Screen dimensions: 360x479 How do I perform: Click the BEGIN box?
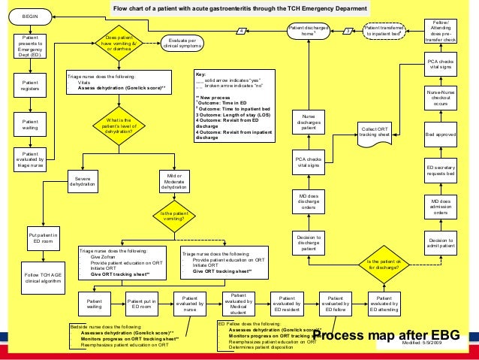pyautogui.click(x=31, y=16)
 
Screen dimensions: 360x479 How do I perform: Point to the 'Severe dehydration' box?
pyautogui.click(x=83, y=181)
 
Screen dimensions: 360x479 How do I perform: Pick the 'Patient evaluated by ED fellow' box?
pyautogui.click(x=336, y=302)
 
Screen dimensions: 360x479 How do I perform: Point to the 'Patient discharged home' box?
pyautogui.click(x=308, y=31)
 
